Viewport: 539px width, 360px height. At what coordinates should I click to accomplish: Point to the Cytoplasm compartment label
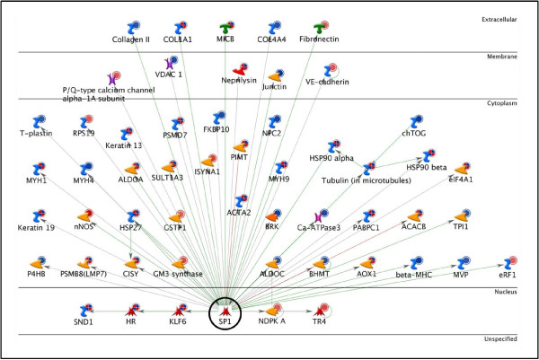pos(508,101)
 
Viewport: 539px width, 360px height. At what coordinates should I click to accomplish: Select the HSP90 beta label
pos(425,168)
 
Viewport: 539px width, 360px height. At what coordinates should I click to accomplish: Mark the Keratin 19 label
pos(37,228)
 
